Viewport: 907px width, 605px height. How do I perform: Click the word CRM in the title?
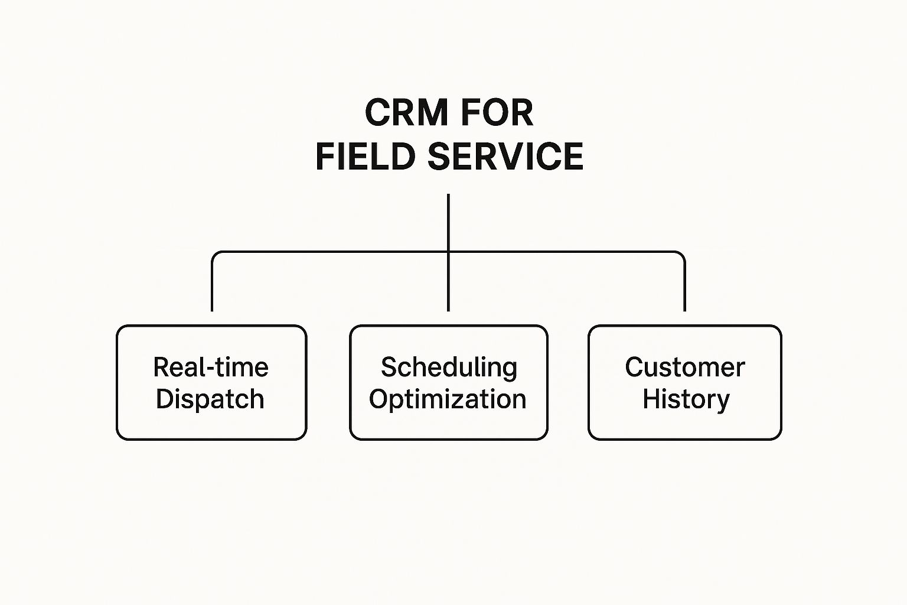click(406, 112)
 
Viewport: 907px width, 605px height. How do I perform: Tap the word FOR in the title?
click(497, 112)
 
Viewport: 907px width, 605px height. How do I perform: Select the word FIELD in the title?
click(366, 156)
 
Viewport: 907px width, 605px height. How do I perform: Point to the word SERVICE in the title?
click(505, 156)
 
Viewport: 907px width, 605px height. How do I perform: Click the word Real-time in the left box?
click(211, 367)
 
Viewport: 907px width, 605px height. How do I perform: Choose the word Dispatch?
click(210, 399)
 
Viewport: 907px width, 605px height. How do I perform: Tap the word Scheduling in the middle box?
click(449, 368)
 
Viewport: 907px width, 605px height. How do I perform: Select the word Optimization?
click(448, 399)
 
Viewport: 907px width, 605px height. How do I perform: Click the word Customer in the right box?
click(685, 367)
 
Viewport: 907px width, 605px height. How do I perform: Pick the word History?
click(686, 399)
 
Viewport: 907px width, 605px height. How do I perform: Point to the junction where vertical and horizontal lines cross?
click(448, 252)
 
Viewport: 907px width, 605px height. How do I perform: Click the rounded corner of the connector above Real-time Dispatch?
click(214, 254)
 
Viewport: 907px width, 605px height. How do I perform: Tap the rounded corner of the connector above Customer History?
click(682, 254)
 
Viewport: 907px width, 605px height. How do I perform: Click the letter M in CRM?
click(432, 112)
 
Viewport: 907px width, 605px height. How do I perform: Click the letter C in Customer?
click(635, 367)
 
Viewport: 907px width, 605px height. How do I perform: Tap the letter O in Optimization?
click(378, 399)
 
